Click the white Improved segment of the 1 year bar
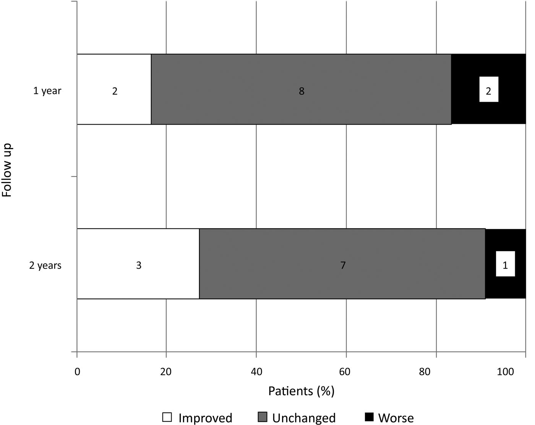point(99,107)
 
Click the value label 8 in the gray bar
point(302,91)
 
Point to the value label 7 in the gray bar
point(343,265)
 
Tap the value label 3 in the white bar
point(139,265)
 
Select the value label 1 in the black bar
point(505,265)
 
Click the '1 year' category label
point(47,91)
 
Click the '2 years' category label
point(45,265)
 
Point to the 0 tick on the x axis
point(77,372)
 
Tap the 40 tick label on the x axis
point(256,372)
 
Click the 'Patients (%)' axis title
point(301,391)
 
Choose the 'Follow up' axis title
point(7,170)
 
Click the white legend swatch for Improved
point(167,417)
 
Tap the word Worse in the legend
point(396,418)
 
